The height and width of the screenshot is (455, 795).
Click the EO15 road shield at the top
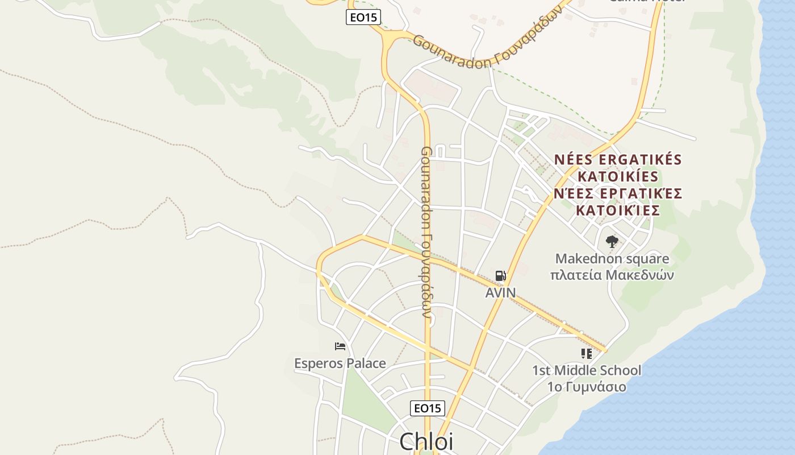click(363, 17)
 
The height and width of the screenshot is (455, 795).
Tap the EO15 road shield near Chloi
click(427, 408)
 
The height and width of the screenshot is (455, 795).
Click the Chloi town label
click(426, 441)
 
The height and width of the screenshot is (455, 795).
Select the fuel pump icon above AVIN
click(500, 276)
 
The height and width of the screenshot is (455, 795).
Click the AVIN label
click(500, 293)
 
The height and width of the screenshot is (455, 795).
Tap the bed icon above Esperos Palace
click(340, 346)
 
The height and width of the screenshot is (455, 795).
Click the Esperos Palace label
click(340, 363)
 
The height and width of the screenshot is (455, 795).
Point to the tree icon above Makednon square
click(612, 242)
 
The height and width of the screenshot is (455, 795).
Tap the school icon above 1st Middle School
click(587, 354)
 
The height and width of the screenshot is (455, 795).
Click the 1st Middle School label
click(587, 370)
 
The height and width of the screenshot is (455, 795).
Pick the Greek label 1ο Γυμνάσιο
click(587, 387)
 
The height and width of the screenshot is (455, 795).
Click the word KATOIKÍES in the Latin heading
click(618, 176)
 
